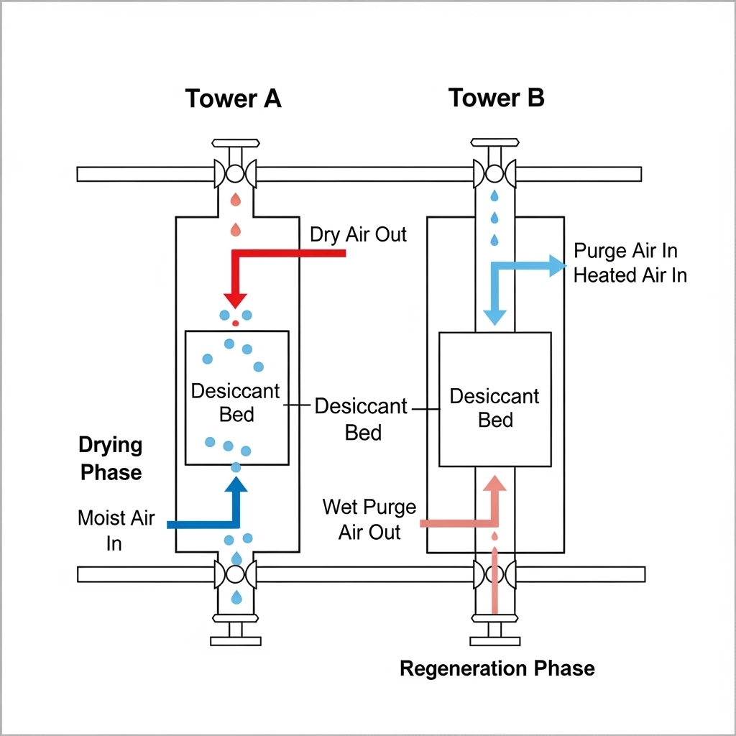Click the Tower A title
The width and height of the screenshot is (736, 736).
(x=234, y=98)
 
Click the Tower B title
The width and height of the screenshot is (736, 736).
(x=496, y=98)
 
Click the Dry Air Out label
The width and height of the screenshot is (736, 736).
(x=358, y=235)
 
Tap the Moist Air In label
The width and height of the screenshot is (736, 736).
(x=116, y=530)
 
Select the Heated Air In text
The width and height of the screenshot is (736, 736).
(x=630, y=275)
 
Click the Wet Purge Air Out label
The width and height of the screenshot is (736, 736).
(x=369, y=519)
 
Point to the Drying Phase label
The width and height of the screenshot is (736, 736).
(x=111, y=459)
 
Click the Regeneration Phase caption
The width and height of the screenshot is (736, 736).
(x=497, y=668)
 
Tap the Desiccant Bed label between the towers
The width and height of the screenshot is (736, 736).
(x=362, y=419)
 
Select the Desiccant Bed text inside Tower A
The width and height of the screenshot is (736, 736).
(x=236, y=402)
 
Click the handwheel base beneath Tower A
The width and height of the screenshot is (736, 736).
(x=235, y=640)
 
